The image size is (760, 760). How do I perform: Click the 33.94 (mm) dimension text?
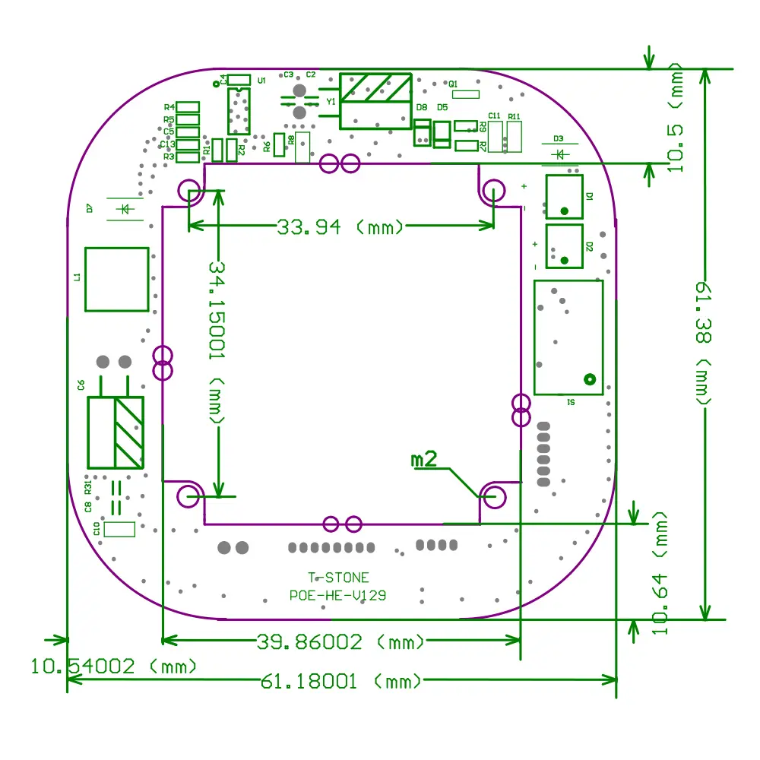point(340,226)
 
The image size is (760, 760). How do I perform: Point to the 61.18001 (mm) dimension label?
point(340,681)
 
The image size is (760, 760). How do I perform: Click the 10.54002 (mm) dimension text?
point(114,667)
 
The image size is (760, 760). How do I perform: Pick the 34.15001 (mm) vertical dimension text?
point(218,343)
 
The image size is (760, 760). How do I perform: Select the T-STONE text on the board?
point(338,578)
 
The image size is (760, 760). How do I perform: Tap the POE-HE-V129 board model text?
point(337,596)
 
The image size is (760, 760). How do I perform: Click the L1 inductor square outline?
point(116,279)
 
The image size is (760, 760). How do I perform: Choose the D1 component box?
point(564,197)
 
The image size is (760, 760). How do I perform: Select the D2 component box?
point(564,246)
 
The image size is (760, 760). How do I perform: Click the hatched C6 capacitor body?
point(116,432)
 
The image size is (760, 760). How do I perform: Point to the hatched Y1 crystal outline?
point(375,100)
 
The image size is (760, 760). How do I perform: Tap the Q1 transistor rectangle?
point(465,94)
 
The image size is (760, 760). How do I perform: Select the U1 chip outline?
point(239,110)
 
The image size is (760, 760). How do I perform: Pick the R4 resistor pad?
point(187,107)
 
